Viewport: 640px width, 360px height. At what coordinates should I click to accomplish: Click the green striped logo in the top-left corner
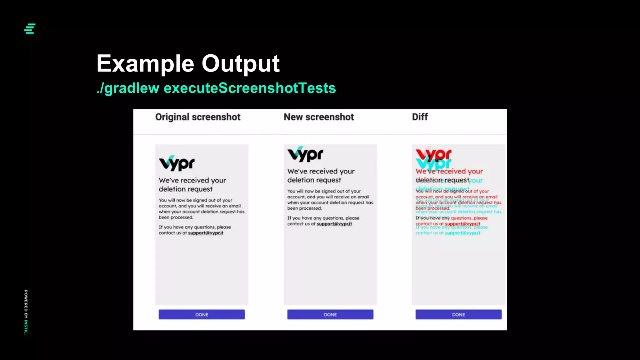click(x=30, y=29)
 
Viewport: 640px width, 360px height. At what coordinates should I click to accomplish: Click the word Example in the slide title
click(x=145, y=64)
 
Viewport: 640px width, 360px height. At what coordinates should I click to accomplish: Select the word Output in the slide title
click(x=240, y=64)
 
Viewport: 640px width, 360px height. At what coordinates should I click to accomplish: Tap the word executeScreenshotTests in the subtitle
click(x=250, y=88)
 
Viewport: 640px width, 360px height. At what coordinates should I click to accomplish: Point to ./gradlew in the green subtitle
click(x=128, y=88)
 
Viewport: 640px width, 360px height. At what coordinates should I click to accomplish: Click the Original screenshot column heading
click(x=198, y=117)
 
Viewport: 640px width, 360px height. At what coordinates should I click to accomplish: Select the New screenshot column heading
click(x=319, y=117)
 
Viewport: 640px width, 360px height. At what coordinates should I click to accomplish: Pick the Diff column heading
click(x=420, y=117)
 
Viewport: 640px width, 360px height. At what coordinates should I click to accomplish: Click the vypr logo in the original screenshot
click(x=177, y=163)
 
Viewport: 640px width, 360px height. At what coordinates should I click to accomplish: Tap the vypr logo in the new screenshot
click(x=305, y=154)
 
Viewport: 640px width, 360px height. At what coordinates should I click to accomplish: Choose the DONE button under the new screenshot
click(x=330, y=314)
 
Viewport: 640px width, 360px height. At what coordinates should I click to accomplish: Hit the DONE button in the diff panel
click(x=458, y=314)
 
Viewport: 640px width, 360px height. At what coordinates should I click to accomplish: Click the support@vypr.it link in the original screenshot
click(x=206, y=233)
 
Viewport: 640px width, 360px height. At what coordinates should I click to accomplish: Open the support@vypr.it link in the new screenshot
click(x=334, y=224)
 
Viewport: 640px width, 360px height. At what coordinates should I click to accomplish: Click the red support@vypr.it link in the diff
click(x=462, y=224)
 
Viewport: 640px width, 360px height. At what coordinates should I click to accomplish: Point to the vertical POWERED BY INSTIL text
click(x=26, y=312)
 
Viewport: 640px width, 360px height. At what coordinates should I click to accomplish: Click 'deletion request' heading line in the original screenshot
click(x=186, y=189)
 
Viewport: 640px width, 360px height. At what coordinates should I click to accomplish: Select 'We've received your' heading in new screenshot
click(x=321, y=171)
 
